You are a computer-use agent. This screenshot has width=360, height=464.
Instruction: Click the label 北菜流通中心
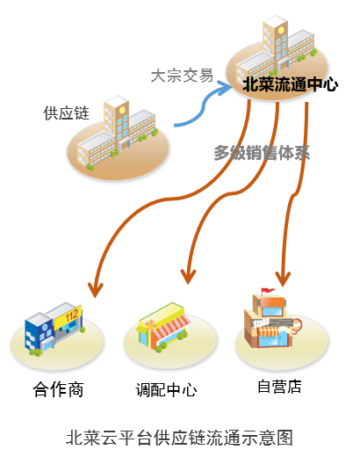click(290, 84)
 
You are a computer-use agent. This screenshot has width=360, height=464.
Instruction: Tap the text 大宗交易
click(182, 76)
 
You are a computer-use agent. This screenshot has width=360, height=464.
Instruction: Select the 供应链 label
click(66, 113)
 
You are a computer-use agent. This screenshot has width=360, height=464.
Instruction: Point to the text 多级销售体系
click(262, 153)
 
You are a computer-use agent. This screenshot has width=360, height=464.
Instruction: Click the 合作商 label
click(58, 389)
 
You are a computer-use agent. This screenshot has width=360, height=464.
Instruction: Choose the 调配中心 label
click(167, 389)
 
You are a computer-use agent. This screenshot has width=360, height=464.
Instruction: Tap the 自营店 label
click(279, 387)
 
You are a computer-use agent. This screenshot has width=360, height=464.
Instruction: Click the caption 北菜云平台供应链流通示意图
click(179, 438)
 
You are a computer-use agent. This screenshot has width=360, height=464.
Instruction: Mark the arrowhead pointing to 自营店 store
click(283, 280)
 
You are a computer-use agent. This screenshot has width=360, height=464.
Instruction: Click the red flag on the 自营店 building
click(267, 290)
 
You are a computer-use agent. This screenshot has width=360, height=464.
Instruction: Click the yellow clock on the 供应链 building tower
click(122, 110)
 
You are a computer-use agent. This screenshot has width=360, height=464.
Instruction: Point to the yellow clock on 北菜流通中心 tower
click(281, 30)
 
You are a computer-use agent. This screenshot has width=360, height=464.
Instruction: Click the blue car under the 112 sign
click(68, 327)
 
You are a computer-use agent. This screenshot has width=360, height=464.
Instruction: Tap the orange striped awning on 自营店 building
click(269, 331)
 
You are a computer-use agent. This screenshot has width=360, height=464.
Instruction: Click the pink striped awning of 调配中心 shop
click(170, 327)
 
